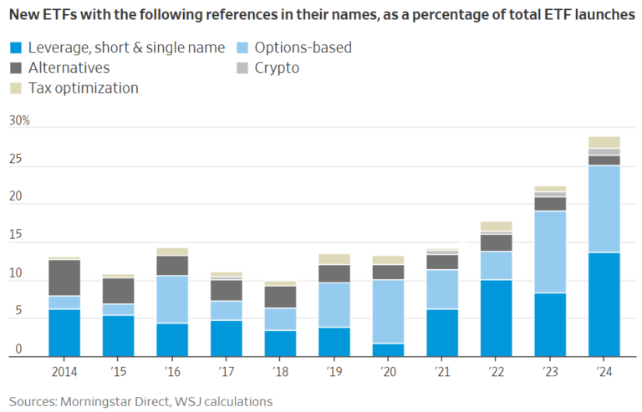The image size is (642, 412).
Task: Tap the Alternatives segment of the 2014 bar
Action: point(64,277)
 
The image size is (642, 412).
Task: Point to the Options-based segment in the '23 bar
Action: point(550,252)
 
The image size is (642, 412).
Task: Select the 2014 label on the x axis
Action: point(64,371)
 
